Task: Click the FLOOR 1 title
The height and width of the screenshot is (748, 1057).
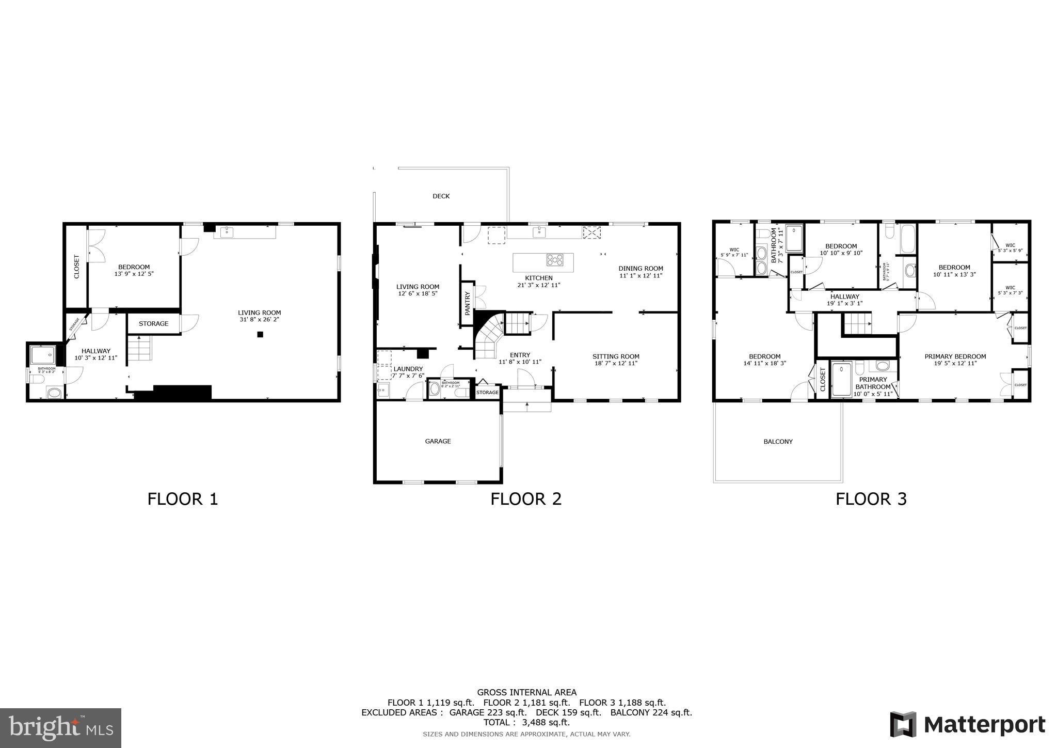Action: (x=183, y=499)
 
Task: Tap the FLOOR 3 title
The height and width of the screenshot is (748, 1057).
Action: (x=871, y=499)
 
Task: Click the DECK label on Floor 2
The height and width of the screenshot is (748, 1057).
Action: (x=441, y=196)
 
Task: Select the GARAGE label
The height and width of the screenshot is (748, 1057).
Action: (x=438, y=441)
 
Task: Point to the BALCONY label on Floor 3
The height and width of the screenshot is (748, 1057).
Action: (x=778, y=442)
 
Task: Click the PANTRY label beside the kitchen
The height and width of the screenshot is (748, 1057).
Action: (x=468, y=303)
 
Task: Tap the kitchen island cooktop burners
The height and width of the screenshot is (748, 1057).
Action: (x=555, y=259)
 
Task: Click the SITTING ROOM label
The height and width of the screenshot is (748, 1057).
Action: (x=616, y=356)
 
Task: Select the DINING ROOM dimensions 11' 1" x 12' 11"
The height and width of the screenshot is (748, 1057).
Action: (x=640, y=276)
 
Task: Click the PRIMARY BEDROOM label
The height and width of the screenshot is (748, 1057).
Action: (x=955, y=356)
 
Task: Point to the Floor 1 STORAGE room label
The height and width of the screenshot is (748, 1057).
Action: (x=153, y=324)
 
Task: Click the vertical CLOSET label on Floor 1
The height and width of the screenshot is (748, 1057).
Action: (x=77, y=267)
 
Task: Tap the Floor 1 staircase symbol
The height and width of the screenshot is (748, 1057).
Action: (x=139, y=348)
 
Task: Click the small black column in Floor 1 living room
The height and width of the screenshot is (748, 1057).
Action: (x=260, y=335)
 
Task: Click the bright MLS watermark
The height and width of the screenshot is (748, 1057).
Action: (x=60, y=728)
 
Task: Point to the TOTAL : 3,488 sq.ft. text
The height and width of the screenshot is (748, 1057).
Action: (x=526, y=723)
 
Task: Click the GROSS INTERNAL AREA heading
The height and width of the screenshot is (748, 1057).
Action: (x=526, y=692)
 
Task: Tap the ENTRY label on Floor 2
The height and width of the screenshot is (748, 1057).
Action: (x=520, y=355)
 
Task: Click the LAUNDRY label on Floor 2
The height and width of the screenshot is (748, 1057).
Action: (x=408, y=369)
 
